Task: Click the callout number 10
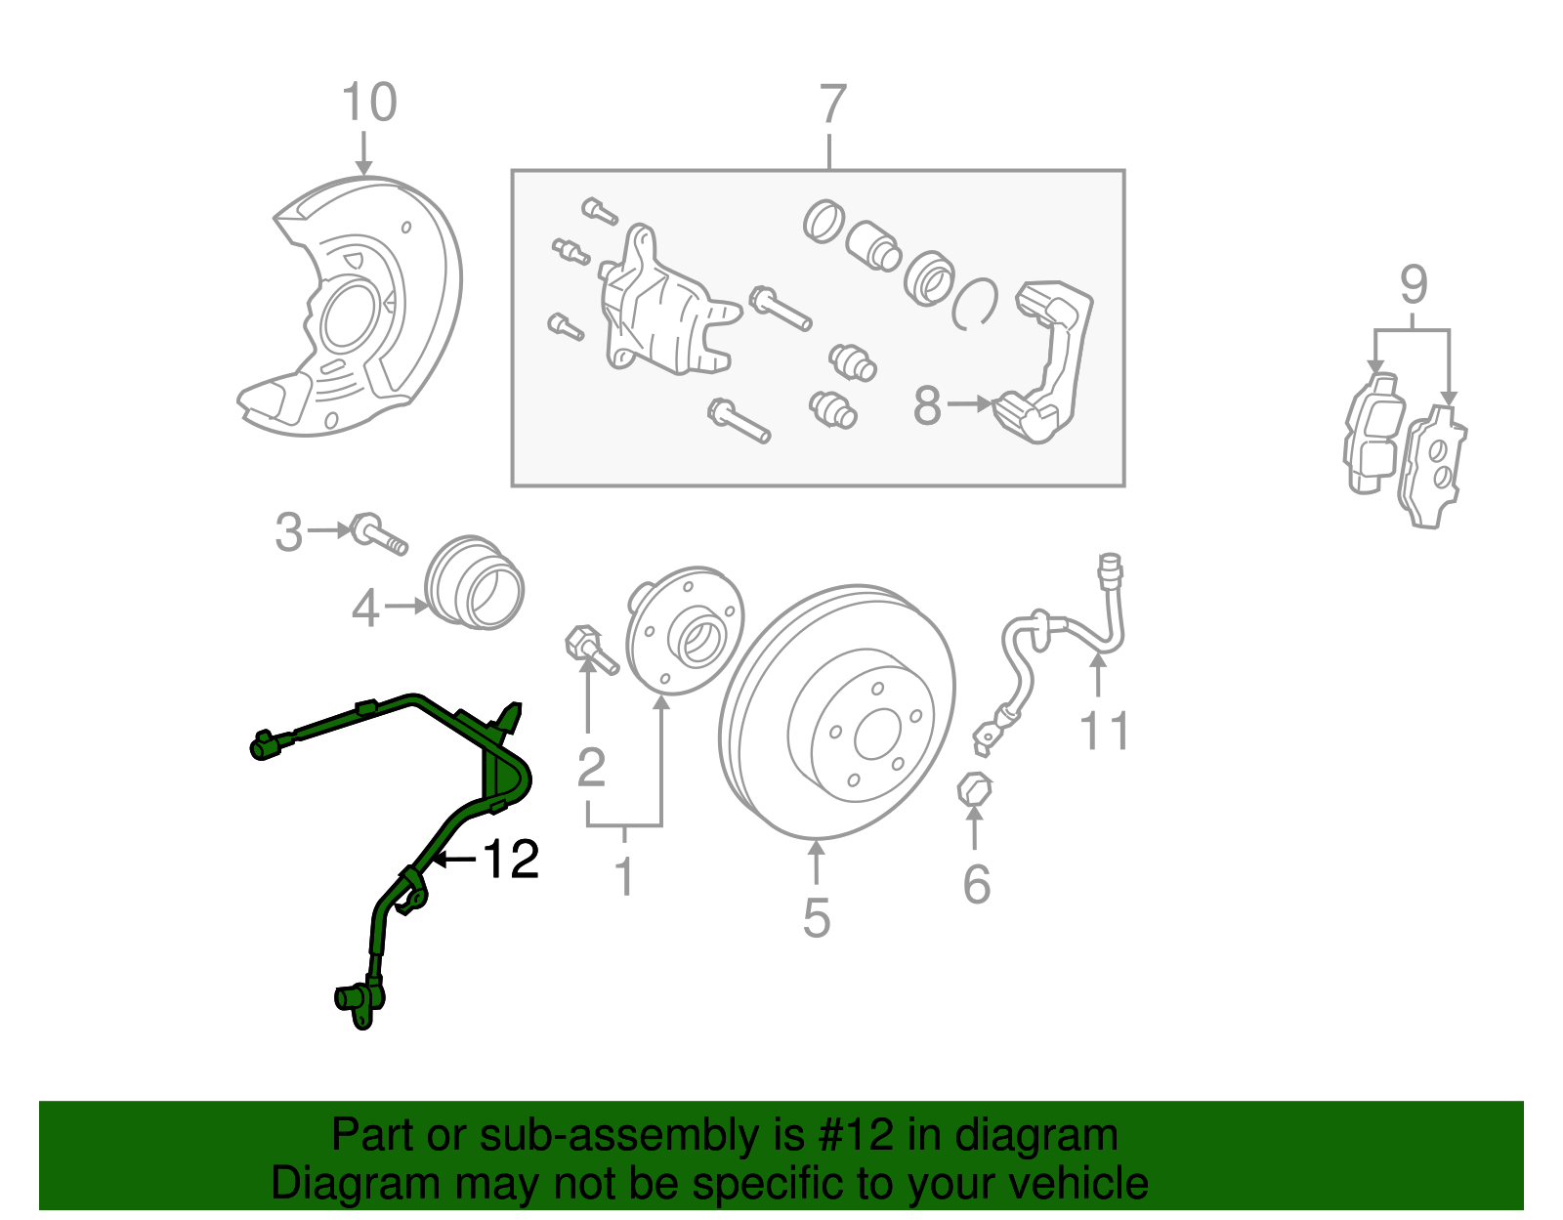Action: coord(369,103)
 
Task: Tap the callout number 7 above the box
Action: coord(831,105)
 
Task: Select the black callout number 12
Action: coord(511,860)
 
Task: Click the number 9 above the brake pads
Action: coord(1414,285)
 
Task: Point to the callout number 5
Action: coord(817,918)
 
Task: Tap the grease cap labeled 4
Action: coord(476,583)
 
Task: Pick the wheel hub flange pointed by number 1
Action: coord(684,630)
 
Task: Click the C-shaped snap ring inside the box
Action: coord(975,303)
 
